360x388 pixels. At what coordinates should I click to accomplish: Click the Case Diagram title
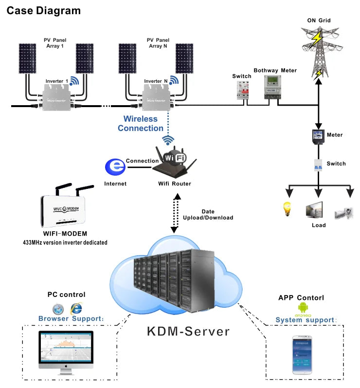(x=43, y=10)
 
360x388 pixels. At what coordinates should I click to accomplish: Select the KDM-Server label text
(x=188, y=332)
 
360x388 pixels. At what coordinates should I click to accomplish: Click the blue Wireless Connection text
(x=141, y=124)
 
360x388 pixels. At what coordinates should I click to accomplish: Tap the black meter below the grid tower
(x=318, y=136)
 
